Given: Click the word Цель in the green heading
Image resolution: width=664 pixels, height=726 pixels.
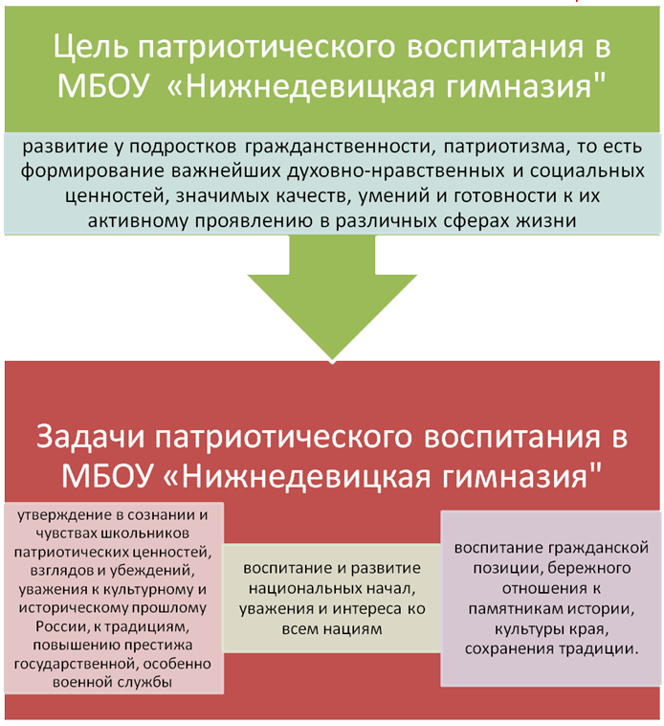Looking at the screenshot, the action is pyautogui.click(x=91, y=47).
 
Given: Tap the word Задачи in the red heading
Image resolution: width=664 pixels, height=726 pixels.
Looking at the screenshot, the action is pyautogui.click(x=92, y=437).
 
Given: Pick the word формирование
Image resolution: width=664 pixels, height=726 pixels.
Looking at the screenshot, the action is pyautogui.click(x=93, y=171).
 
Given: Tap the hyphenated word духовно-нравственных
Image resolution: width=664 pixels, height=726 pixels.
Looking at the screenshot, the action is pyautogui.click(x=395, y=171).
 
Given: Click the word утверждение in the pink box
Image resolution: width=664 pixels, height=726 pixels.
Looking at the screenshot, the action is pyautogui.click(x=64, y=515).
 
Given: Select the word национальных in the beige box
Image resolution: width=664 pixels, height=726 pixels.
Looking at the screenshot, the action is pyautogui.click(x=304, y=589).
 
